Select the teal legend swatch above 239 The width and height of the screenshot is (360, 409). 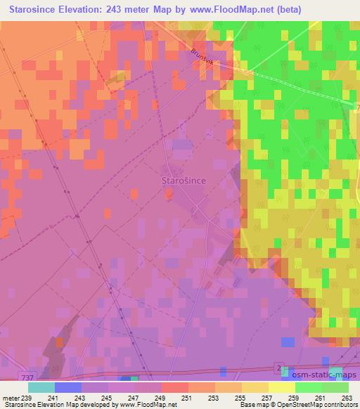(41, 387)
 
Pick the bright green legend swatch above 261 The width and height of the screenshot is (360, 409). (308, 387)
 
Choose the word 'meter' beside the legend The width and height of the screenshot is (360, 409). (12, 398)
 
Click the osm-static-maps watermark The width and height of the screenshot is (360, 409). (318, 377)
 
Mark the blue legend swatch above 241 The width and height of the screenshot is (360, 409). (68, 387)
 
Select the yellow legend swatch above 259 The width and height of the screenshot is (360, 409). (281, 387)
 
